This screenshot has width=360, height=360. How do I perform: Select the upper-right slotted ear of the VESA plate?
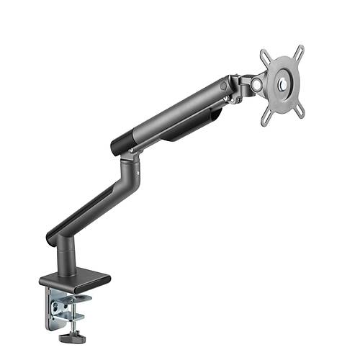(x=299, y=53)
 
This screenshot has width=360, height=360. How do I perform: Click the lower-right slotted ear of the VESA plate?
(x=300, y=109)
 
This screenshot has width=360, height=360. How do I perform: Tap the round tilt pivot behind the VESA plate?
(x=254, y=84)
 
